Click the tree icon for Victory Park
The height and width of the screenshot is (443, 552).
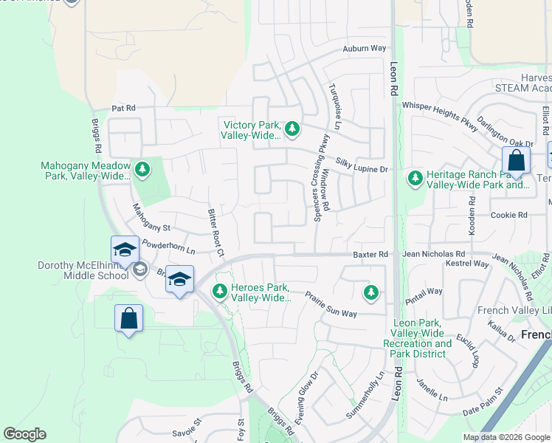pyautogui.click(x=292, y=129)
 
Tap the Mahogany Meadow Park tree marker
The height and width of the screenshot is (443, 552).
pyautogui.click(x=142, y=171)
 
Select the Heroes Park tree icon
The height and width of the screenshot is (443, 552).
pyautogui.click(x=219, y=292)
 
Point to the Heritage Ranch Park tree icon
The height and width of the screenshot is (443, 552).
pyautogui.click(x=415, y=178)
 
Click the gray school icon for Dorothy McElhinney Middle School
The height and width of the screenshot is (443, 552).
pyautogui.click(x=139, y=270)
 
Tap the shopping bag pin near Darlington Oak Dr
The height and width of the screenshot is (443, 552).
pyautogui.click(x=516, y=160)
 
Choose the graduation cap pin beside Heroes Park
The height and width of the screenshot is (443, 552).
pyautogui.click(x=179, y=280)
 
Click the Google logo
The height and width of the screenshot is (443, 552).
pyautogui.click(x=24, y=434)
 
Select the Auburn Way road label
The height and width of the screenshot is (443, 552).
pyautogui.click(x=364, y=49)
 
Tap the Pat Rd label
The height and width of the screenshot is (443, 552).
pyautogui.click(x=124, y=108)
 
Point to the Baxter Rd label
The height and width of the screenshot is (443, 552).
pyautogui.click(x=370, y=254)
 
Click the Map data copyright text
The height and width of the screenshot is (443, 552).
pyautogui.click(x=506, y=437)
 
